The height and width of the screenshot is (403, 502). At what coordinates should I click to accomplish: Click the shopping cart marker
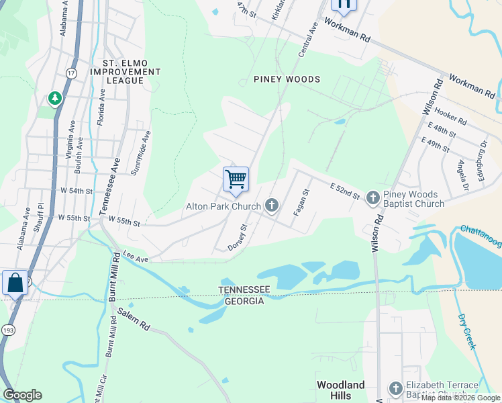pyautogui.click(x=236, y=179)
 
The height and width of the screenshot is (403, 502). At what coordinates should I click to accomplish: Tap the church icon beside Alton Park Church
pyautogui.click(x=272, y=205)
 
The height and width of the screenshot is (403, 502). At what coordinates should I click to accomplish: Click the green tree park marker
pyautogui.click(x=54, y=99)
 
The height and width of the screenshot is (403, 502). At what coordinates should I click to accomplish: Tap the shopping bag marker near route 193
pyautogui.click(x=15, y=283)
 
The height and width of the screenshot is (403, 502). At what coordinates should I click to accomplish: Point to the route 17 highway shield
pyautogui.click(x=72, y=72)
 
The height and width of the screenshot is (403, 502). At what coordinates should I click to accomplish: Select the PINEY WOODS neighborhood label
pyautogui.click(x=287, y=79)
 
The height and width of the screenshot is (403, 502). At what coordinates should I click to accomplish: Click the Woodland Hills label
pyautogui.click(x=340, y=390)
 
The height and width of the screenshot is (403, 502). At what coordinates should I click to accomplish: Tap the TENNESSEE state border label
pyautogui.click(x=244, y=289)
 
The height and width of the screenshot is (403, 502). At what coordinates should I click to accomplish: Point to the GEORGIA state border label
pyautogui.click(x=244, y=301)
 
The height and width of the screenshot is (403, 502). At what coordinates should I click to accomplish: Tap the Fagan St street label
pyautogui.click(x=300, y=201)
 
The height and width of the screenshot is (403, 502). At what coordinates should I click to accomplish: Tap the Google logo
pyautogui.click(x=22, y=395)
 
